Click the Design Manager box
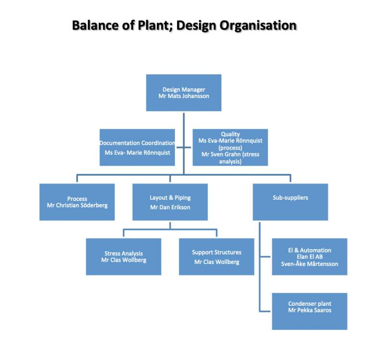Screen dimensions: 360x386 point(184,93)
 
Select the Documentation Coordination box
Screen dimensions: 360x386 point(137,147)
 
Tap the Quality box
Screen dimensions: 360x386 point(230,147)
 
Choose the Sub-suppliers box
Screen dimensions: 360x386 point(290,202)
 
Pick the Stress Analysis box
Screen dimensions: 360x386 point(123,257)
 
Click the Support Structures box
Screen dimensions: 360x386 point(216,257)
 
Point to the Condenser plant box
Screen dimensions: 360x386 point(309,311)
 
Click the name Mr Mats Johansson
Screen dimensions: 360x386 point(184,96)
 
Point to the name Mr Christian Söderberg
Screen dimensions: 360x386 point(77,205)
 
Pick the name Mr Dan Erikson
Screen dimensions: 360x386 point(170,208)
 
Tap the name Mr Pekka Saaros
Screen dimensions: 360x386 point(309,311)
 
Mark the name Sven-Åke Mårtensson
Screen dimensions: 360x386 point(309,264)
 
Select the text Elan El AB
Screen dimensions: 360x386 point(309,257)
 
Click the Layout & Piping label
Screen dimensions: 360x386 point(170,197)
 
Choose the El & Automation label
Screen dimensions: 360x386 point(309,250)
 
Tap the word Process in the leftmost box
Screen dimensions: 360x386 point(77,199)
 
